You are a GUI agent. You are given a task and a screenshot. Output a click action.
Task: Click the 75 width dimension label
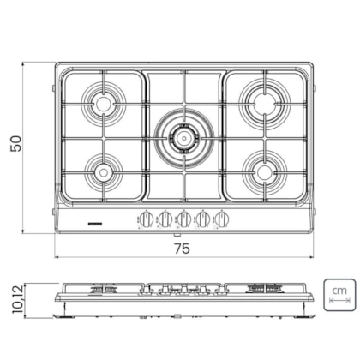(x=183, y=249)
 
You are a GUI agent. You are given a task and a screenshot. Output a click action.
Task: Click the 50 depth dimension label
(x=15, y=143)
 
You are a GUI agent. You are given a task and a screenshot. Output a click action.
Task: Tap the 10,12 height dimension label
(x=17, y=299)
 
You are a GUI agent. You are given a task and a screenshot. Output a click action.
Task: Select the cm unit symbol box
(x=339, y=295)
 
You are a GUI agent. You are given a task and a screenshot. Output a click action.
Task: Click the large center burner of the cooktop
(x=184, y=139)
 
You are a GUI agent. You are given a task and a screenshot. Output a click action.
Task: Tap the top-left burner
(x=103, y=104)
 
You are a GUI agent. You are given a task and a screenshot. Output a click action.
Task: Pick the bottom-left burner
(x=103, y=172)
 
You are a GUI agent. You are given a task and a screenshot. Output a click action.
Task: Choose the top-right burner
(x=265, y=104)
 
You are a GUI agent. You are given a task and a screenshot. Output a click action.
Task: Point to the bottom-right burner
(x=265, y=172)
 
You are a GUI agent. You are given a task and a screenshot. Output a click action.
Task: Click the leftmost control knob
(x=147, y=219)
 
